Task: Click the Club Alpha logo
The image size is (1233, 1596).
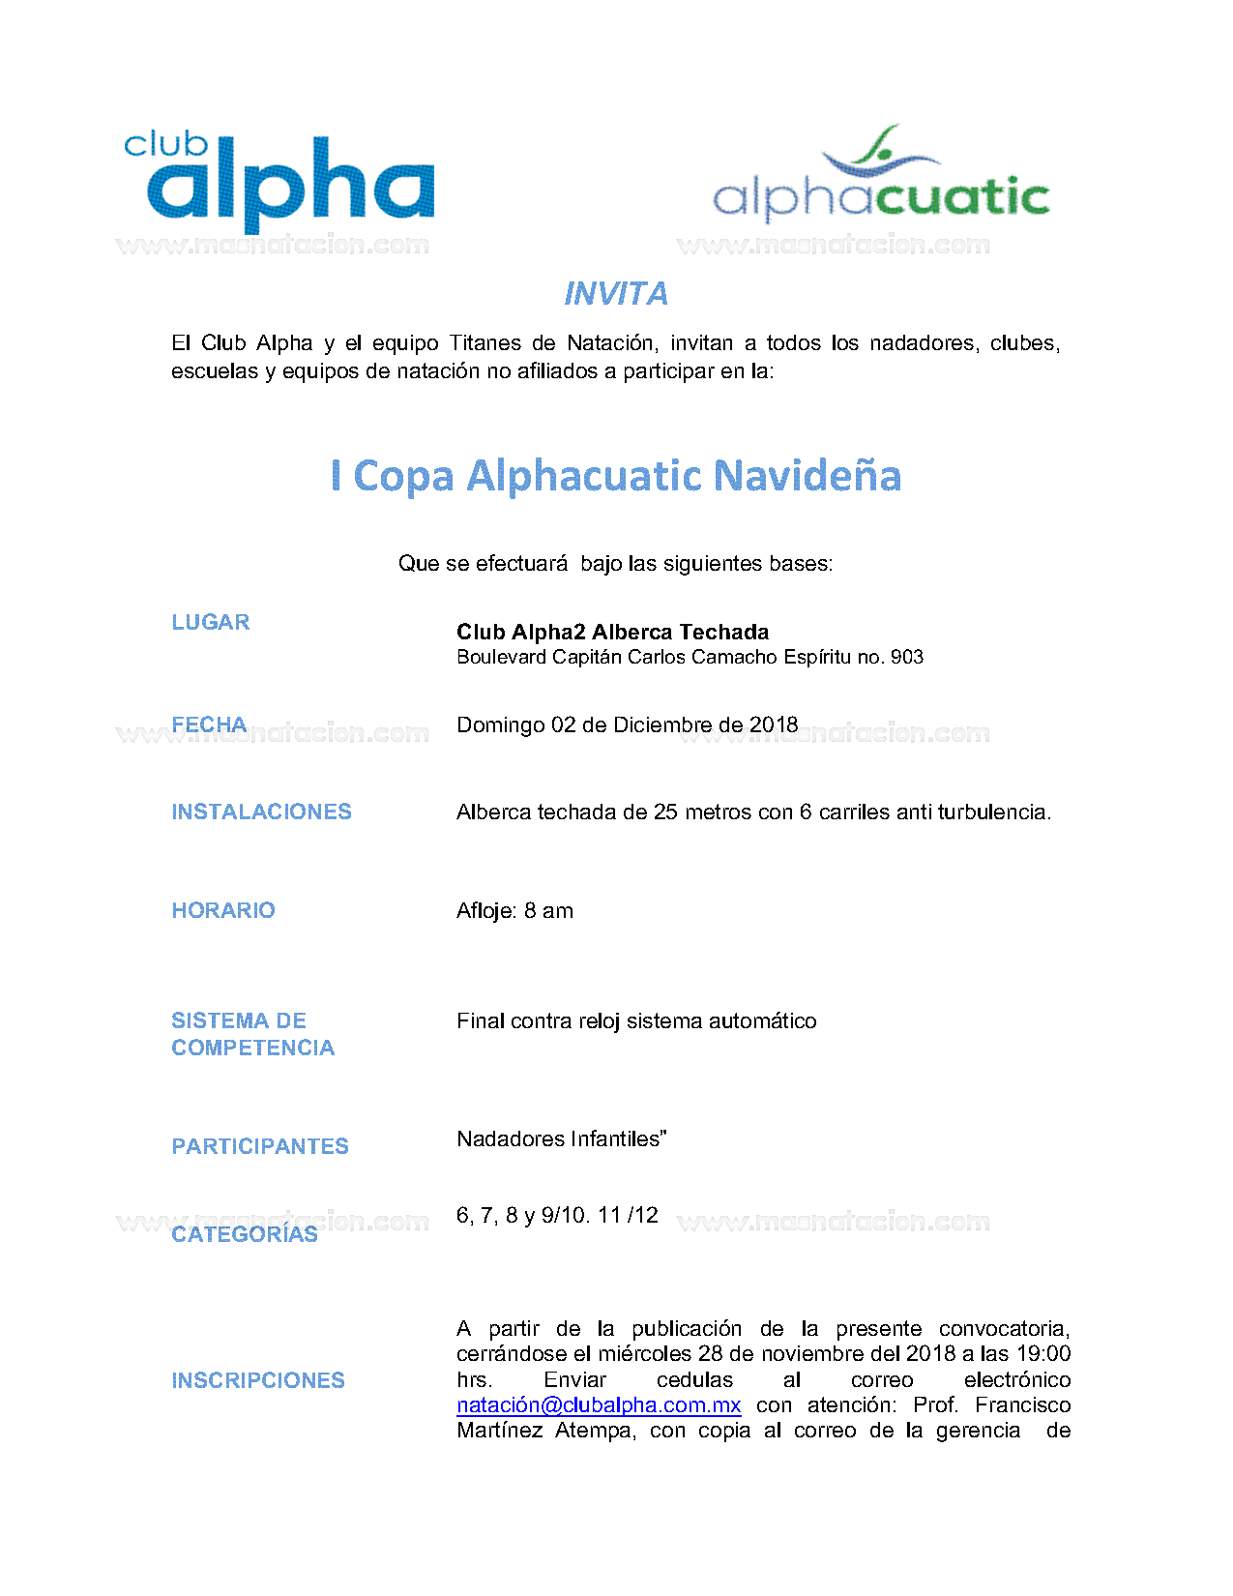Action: click(x=280, y=181)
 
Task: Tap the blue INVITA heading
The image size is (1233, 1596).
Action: click(x=616, y=294)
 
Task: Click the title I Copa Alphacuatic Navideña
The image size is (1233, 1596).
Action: click(x=616, y=476)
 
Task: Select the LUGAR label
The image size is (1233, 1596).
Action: click(x=211, y=622)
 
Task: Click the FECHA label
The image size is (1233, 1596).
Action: click(x=209, y=724)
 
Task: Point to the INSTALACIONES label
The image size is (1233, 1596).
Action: click(x=261, y=812)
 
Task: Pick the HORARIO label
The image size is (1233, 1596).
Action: click(x=223, y=910)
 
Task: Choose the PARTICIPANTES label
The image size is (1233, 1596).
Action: click(x=260, y=1146)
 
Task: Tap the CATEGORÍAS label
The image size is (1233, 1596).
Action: click(x=245, y=1234)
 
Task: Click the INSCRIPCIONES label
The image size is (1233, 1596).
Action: click(x=258, y=1380)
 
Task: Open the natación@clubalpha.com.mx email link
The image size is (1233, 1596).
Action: click(x=599, y=1405)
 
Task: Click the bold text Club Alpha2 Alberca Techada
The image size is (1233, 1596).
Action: click(x=613, y=633)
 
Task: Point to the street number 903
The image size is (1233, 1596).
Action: click(x=907, y=658)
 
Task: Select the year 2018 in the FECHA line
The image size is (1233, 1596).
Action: click(x=774, y=725)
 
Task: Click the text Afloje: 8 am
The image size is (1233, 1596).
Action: click(x=514, y=911)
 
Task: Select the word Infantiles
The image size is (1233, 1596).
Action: click(x=616, y=1139)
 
